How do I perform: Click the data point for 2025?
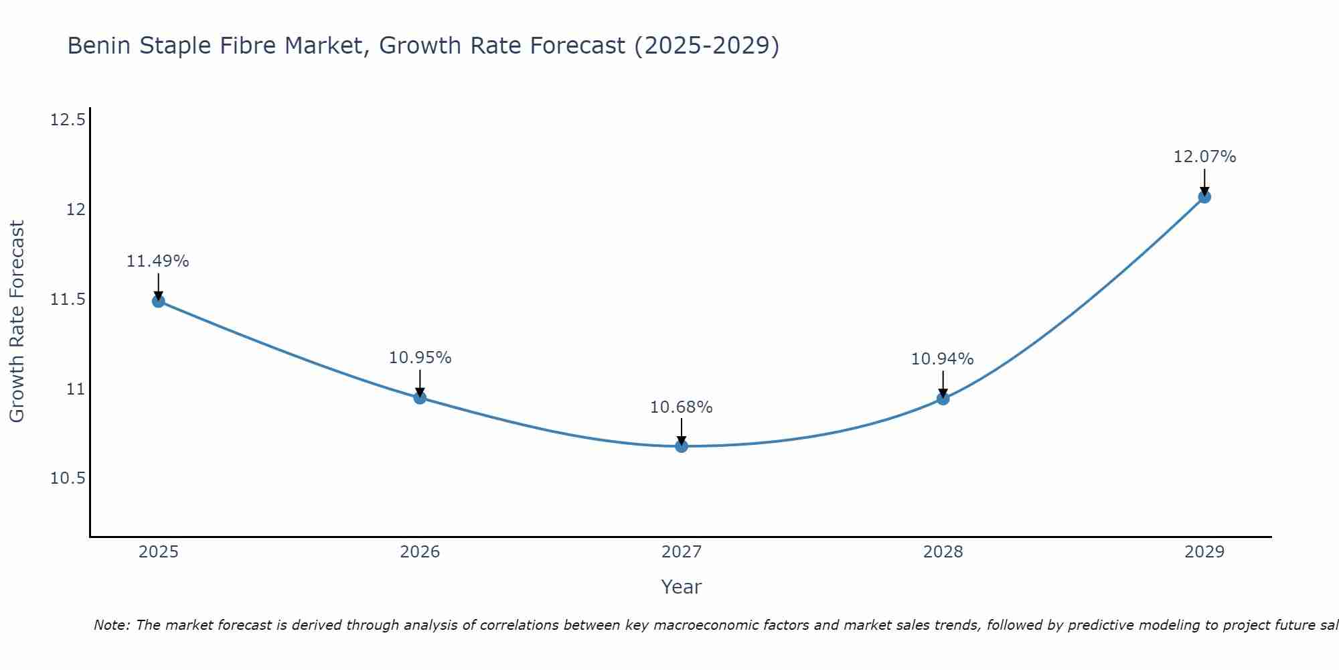pyautogui.click(x=158, y=301)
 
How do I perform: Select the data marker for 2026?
pyautogui.click(x=420, y=398)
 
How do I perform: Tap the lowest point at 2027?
pyautogui.click(x=682, y=446)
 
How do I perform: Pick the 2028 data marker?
pyautogui.click(x=943, y=399)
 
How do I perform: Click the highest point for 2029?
pyautogui.click(x=1204, y=197)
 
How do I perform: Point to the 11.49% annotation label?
pyautogui.click(x=158, y=261)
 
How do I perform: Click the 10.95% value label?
pyautogui.click(x=420, y=358)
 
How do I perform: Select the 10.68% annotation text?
pyautogui.click(x=682, y=407)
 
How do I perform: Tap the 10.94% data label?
pyautogui.click(x=942, y=359)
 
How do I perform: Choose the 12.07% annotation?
pyautogui.click(x=1204, y=157)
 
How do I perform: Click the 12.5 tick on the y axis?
pyautogui.click(x=68, y=121)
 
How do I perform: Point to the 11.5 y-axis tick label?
pyautogui.click(x=68, y=299)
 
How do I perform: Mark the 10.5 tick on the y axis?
pyautogui.click(x=68, y=478)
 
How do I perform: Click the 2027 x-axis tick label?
pyautogui.click(x=682, y=552)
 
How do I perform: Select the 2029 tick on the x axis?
pyautogui.click(x=1204, y=552)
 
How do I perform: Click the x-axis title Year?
pyautogui.click(x=682, y=587)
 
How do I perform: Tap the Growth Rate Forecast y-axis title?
pyautogui.click(x=17, y=322)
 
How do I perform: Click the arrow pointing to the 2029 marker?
pyautogui.click(x=1204, y=181)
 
